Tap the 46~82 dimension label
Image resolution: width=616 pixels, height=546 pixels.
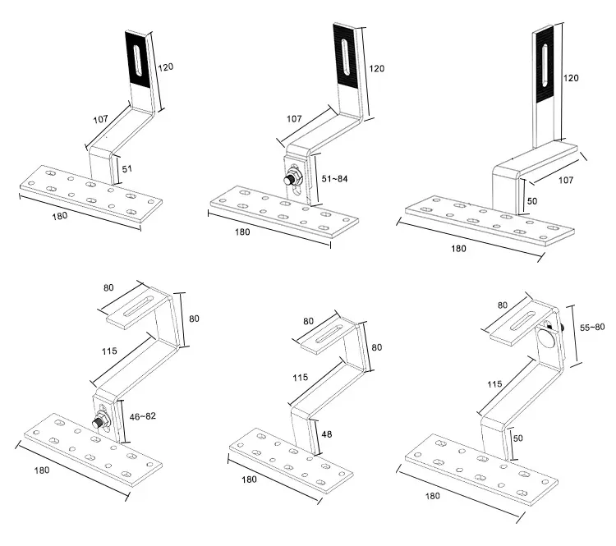(142, 416)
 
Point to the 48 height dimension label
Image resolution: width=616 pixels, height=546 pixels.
(326, 434)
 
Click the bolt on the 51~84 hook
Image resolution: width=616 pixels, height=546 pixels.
(291, 179)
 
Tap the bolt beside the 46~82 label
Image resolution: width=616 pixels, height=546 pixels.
(99, 422)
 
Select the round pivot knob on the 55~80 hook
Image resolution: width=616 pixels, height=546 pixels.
(545, 336)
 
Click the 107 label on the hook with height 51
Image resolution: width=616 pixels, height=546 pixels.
(100, 120)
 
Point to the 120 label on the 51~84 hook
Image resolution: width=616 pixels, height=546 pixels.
(378, 69)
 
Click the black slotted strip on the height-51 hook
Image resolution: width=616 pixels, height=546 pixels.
(138, 60)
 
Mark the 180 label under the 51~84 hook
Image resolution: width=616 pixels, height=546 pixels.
(242, 232)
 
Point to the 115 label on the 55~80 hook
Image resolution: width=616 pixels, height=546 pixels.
(494, 383)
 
